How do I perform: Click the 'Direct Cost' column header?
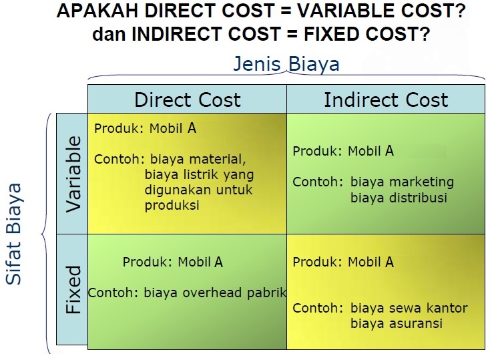pyautogui.click(x=187, y=100)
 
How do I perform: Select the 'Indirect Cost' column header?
pyautogui.click(x=386, y=100)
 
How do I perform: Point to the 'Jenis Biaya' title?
pyautogui.click(x=286, y=64)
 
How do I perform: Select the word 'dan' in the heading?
pyautogui.click(x=109, y=34)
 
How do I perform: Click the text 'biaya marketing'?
pyautogui.click(x=402, y=182)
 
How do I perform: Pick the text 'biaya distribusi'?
pyautogui.click(x=399, y=198)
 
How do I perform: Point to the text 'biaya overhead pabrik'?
pyautogui.click(x=215, y=293)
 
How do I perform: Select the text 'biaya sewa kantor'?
pyautogui.click(x=409, y=309)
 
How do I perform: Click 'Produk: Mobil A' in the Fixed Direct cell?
pyautogui.click(x=173, y=262)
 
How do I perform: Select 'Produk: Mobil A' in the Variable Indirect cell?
pyautogui.click(x=343, y=151)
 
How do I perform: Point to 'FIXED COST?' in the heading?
pyautogui.click(x=377, y=34)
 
